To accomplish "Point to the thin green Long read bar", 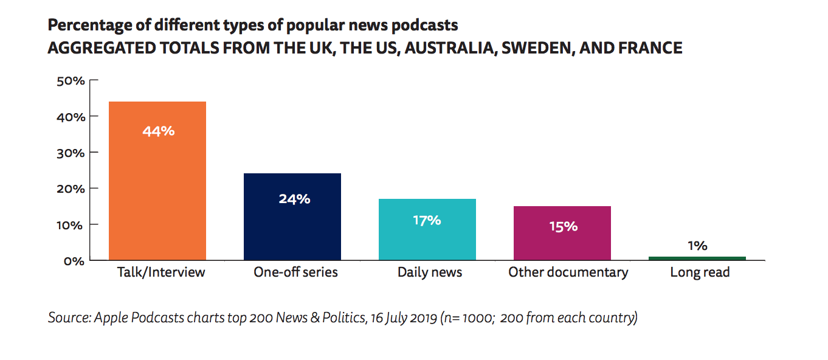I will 697,258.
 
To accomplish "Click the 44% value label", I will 158,131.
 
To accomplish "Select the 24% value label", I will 294,199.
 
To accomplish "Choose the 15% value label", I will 562,226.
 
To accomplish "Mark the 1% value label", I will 697,246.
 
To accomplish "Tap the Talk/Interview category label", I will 161,272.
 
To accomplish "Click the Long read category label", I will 700,272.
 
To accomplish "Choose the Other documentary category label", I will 568,272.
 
